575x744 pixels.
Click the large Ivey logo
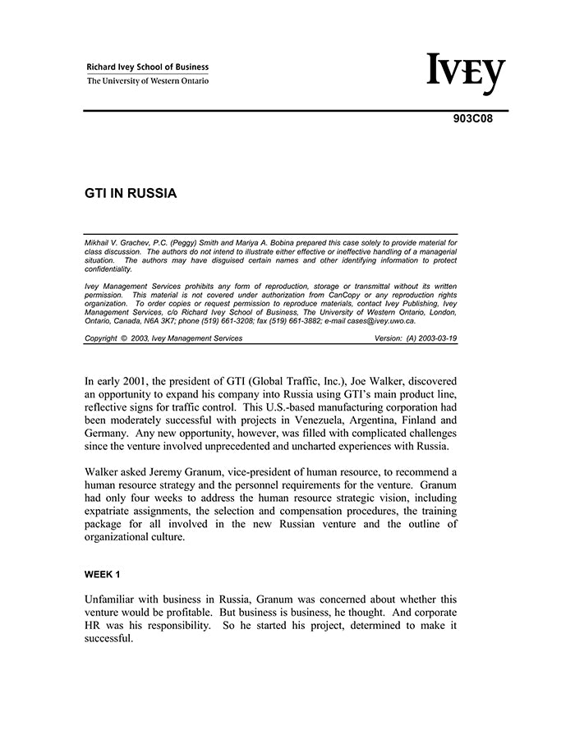click(466, 74)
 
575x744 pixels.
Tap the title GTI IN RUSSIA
click(131, 195)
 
